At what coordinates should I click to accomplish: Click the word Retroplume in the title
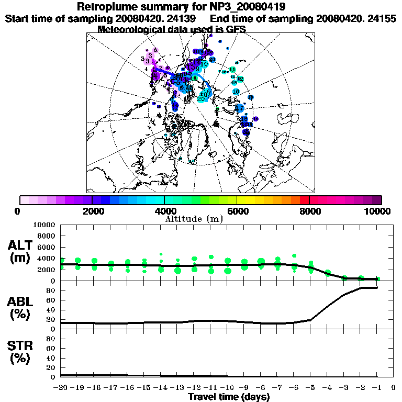(x=107, y=7)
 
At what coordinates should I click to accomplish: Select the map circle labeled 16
(x=236, y=92)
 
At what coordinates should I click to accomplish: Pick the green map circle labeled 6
(x=194, y=79)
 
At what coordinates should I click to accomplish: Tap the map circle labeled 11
(x=232, y=70)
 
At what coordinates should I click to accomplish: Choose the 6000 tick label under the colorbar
(x=237, y=211)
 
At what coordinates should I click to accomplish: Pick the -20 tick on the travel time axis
(x=61, y=388)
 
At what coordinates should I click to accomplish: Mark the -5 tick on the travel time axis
(x=310, y=388)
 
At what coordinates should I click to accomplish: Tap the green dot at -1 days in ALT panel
(x=378, y=279)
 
